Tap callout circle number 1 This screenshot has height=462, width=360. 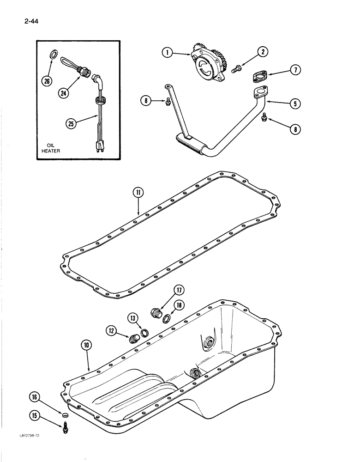pyautogui.click(x=168, y=53)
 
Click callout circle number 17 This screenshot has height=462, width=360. pyautogui.click(x=179, y=290)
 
